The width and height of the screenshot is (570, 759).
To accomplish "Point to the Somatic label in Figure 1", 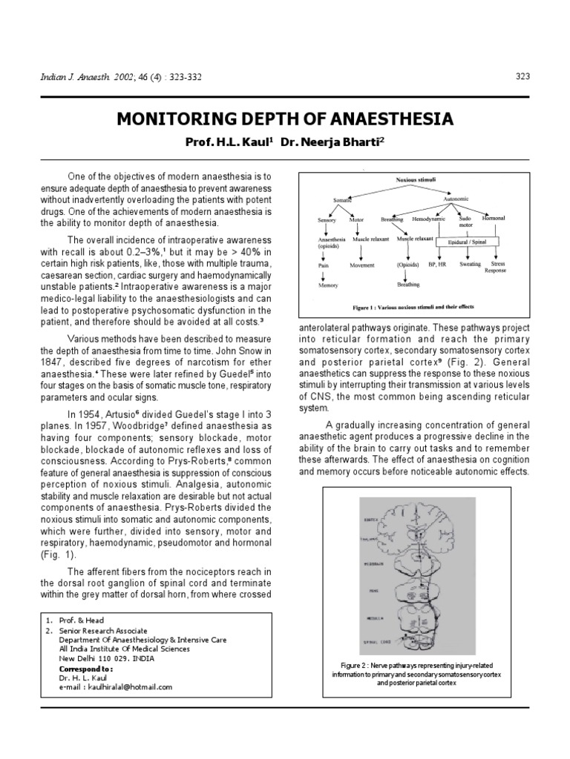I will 342,200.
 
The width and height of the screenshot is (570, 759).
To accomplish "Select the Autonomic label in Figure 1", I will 455,199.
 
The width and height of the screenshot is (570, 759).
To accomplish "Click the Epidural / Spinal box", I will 468,242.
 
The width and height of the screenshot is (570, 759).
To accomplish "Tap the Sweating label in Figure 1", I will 470,264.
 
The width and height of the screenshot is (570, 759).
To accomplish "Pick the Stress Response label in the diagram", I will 496,268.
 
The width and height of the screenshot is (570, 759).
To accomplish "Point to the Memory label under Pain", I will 327,285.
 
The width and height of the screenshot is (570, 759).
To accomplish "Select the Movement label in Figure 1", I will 362,264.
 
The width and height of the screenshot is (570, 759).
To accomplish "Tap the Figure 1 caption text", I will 413,306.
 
